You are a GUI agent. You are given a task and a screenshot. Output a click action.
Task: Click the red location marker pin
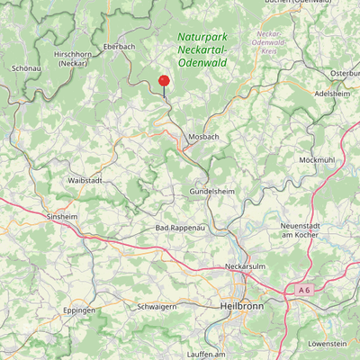[x=164, y=82]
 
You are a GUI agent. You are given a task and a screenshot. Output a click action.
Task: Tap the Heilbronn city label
[x=241, y=306]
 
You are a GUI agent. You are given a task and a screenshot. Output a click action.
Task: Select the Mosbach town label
[x=203, y=137]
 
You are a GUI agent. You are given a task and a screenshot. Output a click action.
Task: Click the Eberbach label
[x=119, y=45]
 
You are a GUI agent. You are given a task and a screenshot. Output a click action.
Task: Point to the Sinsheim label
[x=62, y=218]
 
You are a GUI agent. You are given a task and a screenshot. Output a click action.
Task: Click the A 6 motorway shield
[x=302, y=290]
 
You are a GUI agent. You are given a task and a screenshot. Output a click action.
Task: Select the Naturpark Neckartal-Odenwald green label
[x=202, y=49]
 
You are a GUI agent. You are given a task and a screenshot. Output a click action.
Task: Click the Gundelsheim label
[x=212, y=193]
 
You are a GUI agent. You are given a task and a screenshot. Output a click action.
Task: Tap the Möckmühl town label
[x=317, y=159]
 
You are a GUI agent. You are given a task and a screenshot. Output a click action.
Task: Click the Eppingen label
[x=79, y=310]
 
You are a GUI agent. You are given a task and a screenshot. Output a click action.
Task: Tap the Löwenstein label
[x=327, y=344]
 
